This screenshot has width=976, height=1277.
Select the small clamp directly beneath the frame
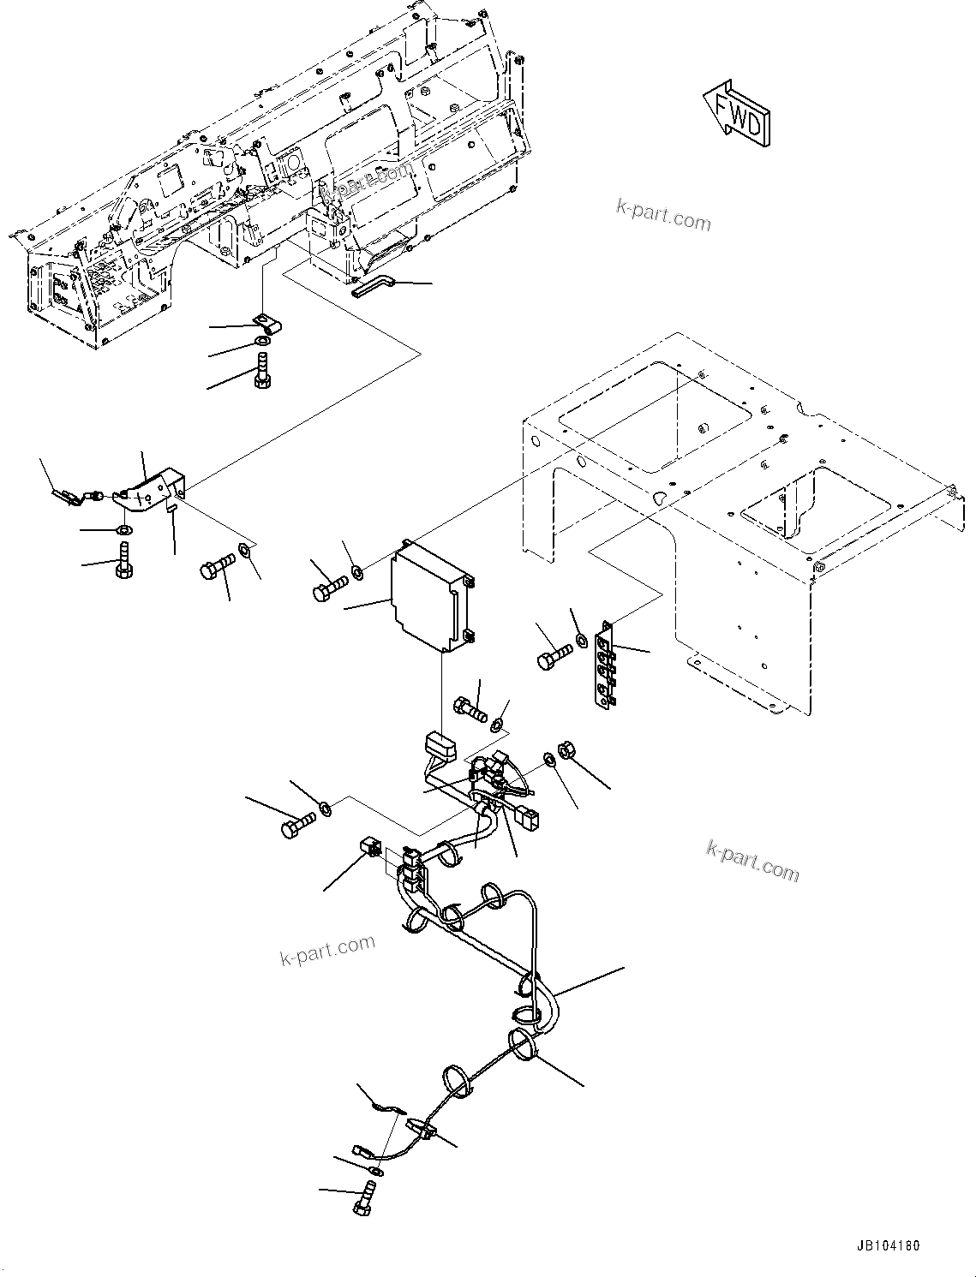click(266, 325)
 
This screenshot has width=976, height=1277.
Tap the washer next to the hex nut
click(548, 760)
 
